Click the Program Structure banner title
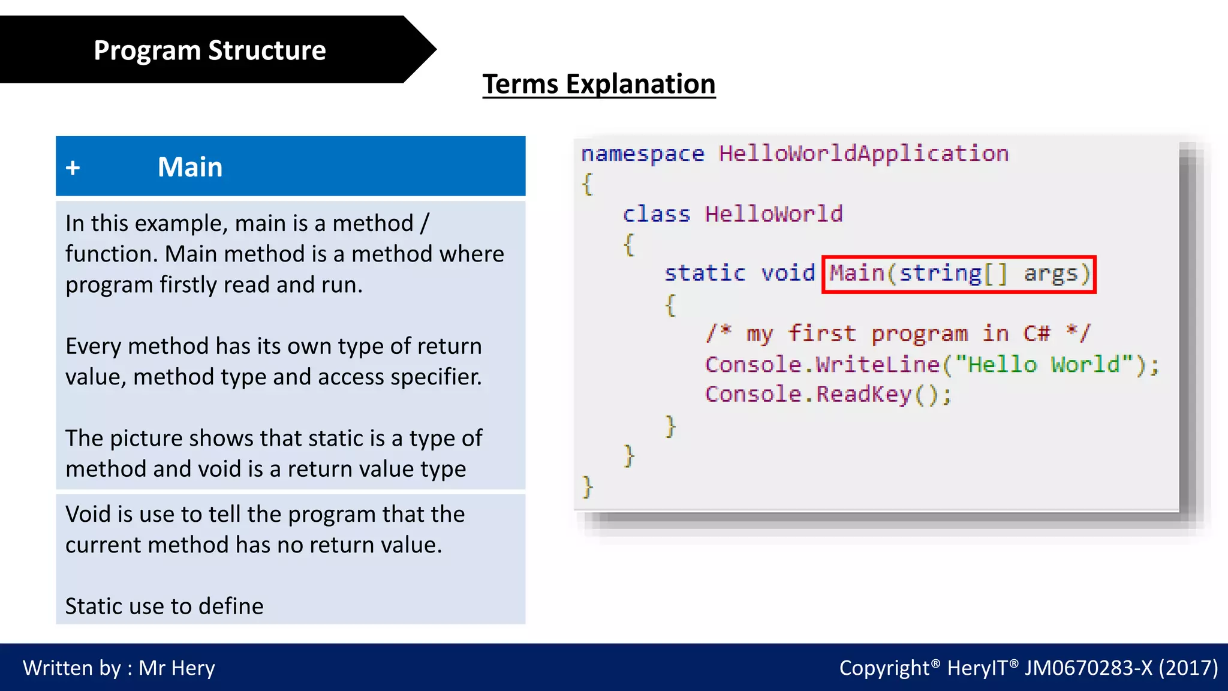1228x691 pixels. point(209,50)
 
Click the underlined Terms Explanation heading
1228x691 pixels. point(598,84)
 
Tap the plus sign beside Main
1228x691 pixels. point(73,168)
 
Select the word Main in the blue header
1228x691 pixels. point(189,167)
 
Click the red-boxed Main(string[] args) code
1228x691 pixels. point(958,274)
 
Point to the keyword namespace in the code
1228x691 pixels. point(642,154)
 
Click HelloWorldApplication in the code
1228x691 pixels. point(863,154)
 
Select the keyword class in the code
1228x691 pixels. point(656,214)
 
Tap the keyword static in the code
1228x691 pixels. point(705,274)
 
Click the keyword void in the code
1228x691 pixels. point(788,274)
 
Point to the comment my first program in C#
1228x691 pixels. point(898,334)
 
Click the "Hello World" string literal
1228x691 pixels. point(1044,365)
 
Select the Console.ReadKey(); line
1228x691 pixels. point(827,395)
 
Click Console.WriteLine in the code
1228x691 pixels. point(822,365)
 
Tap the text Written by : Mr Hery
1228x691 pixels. point(119,668)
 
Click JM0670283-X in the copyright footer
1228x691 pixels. point(1088,668)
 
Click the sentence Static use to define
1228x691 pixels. point(164,606)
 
